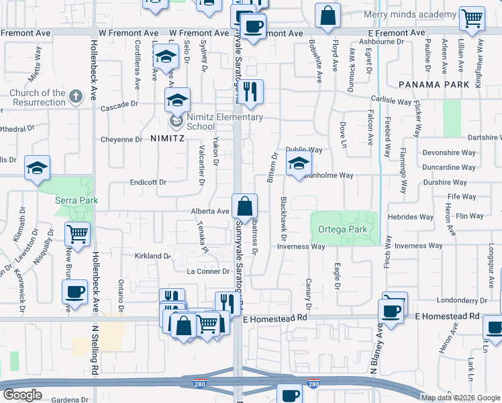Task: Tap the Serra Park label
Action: point(77,200)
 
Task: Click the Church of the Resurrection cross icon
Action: point(76,97)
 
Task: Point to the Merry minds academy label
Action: point(409,14)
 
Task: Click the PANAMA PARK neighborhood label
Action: point(433,85)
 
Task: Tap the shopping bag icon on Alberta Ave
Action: point(245,206)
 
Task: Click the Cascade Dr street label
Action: point(119,106)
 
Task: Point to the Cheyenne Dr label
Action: point(121,140)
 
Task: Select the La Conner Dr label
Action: point(208,271)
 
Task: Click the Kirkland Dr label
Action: point(153,256)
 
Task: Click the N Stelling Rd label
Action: point(95,359)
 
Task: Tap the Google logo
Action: point(23,395)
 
